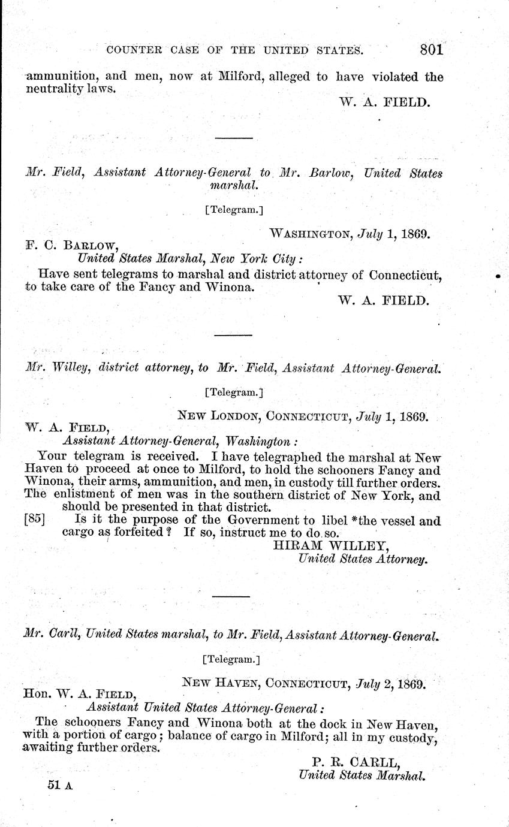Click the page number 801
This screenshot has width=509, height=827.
coord(432,49)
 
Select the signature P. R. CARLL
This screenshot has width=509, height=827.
coord(356,762)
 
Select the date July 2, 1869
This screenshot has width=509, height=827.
coord(391,683)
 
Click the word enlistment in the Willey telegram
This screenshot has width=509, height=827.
coord(80,495)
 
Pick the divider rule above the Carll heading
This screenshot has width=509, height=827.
coord(231,596)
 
